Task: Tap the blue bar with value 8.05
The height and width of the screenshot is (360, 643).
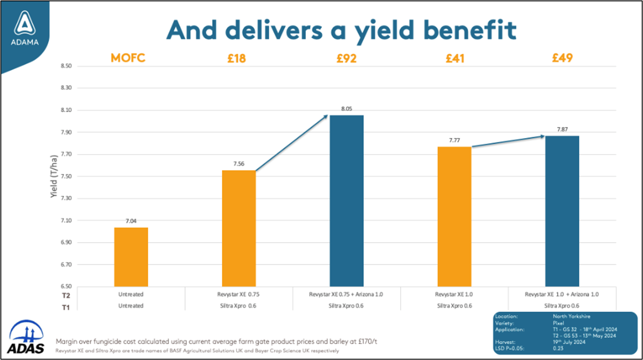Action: click(x=346, y=200)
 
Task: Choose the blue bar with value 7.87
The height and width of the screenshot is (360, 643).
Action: click(x=562, y=211)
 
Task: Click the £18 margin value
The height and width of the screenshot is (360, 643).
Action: click(x=237, y=58)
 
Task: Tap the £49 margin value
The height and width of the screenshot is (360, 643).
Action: click(x=562, y=58)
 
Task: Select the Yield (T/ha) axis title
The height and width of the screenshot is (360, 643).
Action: click(x=54, y=177)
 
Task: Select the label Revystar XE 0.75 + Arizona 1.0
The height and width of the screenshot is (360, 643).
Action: click(x=346, y=294)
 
